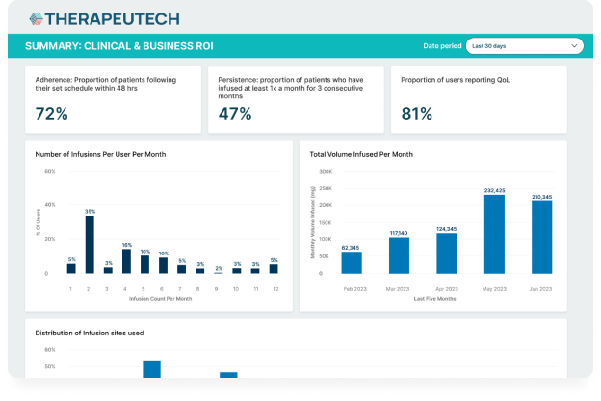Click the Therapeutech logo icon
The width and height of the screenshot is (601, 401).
coord(36,18)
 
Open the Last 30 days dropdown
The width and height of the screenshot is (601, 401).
coord(524,45)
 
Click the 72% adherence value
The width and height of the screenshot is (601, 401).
coord(51,114)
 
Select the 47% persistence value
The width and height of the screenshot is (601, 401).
coord(235,114)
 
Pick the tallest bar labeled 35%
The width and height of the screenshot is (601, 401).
coord(90,245)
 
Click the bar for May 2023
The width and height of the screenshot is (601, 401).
coord(493,235)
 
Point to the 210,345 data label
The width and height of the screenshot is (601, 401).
coord(541,196)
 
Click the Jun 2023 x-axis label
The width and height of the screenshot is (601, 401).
coord(541,288)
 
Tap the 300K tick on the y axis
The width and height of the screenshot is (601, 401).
coord(326,172)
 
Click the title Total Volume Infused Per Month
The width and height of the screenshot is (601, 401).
coord(361,154)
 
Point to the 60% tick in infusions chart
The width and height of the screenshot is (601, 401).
coord(50,172)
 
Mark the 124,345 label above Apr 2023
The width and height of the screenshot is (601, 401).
coord(446,228)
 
